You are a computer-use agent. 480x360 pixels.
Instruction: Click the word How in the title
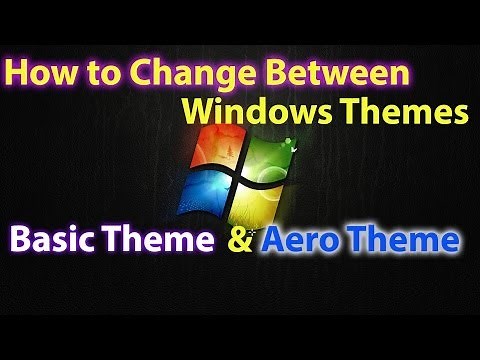pos(37,72)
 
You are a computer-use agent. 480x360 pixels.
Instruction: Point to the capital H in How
pos(17,72)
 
